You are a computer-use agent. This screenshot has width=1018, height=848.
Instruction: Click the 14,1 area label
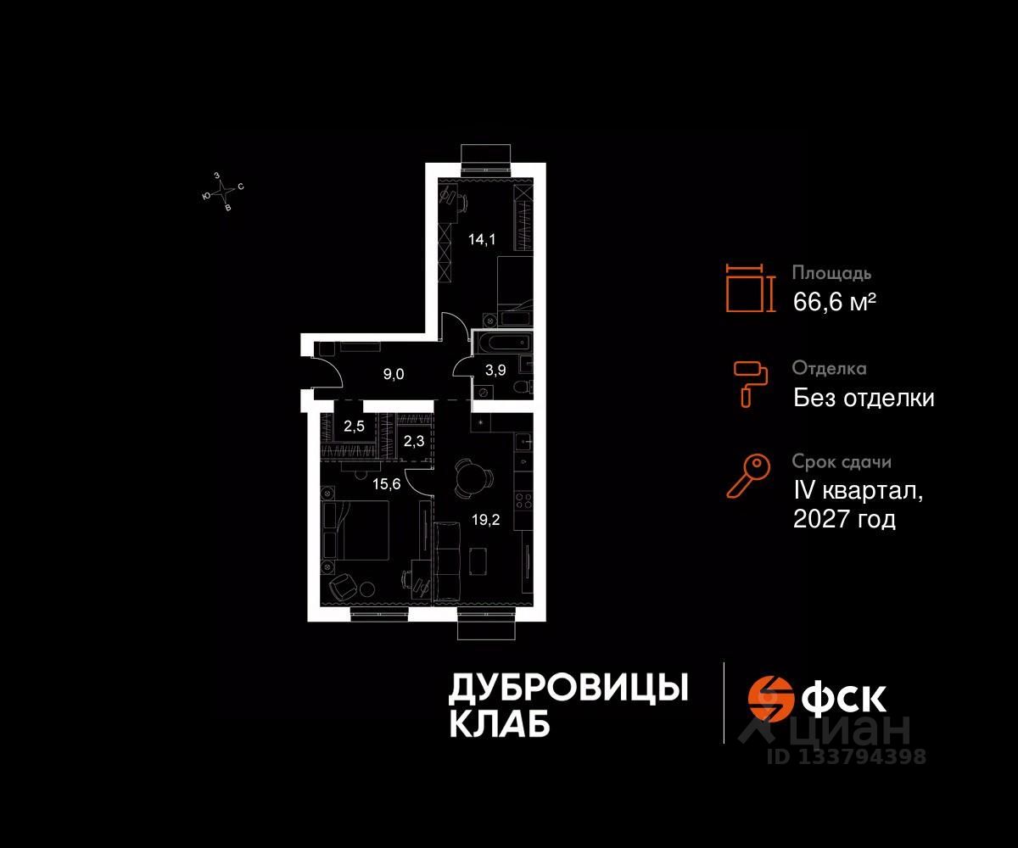(480, 239)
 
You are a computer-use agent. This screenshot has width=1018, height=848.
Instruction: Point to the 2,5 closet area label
(354, 427)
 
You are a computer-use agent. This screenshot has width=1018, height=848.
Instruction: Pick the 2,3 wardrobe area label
(414, 440)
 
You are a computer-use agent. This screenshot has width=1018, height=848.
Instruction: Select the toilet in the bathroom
(523, 387)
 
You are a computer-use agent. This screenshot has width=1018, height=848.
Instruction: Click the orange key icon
(747, 476)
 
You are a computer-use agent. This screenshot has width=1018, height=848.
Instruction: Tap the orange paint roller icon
(751, 382)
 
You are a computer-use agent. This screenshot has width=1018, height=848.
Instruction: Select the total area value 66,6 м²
(834, 301)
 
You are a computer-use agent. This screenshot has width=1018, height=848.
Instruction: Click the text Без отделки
(864, 397)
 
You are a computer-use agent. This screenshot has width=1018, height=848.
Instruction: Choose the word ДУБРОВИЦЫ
(567, 689)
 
